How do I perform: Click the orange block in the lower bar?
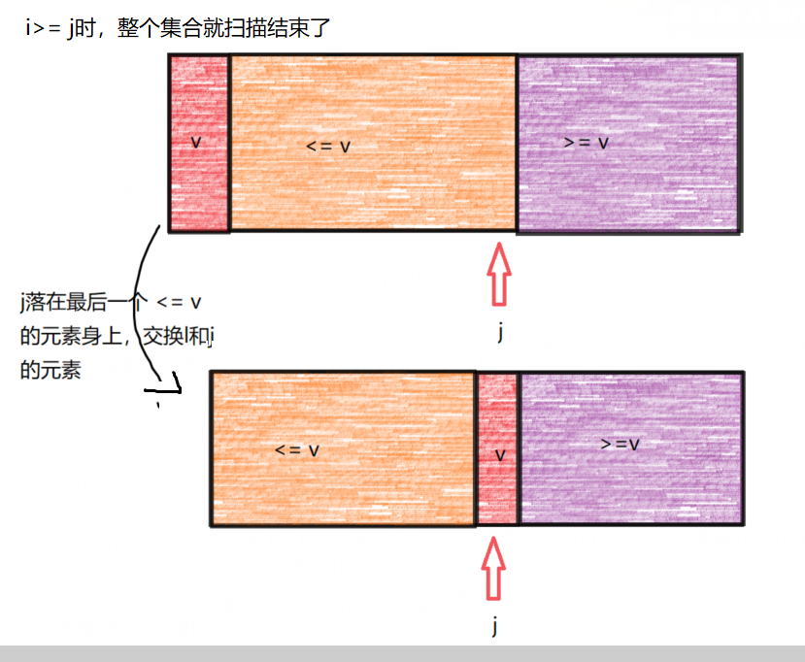(x=343, y=485)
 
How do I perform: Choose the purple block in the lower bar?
(x=631, y=485)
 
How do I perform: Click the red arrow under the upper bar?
(x=500, y=275)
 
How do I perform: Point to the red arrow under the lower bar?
(x=494, y=569)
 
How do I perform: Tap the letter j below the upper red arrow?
(x=501, y=333)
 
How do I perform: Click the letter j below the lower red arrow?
(x=494, y=626)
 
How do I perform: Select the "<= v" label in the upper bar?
(x=327, y=147)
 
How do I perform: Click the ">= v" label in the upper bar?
(x=586, y=143)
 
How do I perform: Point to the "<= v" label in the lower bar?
(x=296, y=450)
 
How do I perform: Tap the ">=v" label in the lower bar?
(x=619, y=444)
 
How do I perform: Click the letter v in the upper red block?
(x=196, y=142)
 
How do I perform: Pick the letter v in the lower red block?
(x=500, y=454)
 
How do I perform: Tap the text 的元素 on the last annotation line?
(x=50, y=370)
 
